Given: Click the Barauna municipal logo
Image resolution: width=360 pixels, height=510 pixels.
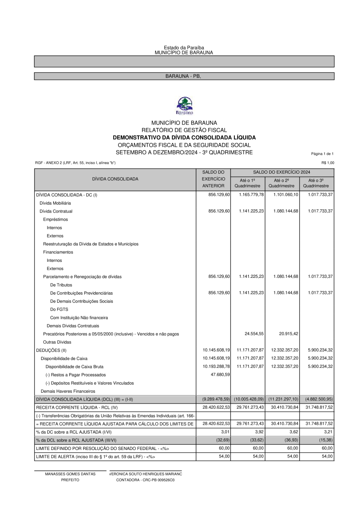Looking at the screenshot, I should coord(184,106).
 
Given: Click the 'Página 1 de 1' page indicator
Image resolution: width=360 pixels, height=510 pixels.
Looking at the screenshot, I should coord(322,154).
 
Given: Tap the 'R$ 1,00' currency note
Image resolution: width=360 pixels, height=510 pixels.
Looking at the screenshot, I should coord(328,163).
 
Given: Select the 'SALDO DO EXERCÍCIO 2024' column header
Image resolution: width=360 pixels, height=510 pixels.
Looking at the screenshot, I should coord(282,172).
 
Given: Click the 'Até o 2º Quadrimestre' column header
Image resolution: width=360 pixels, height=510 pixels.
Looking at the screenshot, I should coord(282,183).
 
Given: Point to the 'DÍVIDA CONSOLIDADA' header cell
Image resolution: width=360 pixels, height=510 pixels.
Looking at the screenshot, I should coord(115,179).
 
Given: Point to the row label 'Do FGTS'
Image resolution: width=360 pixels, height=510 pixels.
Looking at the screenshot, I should coord(59,309).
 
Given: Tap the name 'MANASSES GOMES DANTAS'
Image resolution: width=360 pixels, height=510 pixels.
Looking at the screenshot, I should coord(70,474).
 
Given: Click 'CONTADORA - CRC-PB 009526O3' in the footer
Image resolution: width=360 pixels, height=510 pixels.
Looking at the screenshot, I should coord(145,480).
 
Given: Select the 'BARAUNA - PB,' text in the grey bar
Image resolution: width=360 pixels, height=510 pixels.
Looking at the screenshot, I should coord(183,76).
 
